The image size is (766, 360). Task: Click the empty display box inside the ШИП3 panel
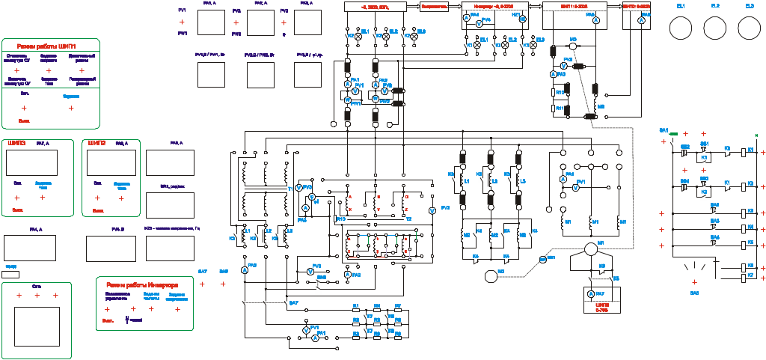click(x=31, y=162)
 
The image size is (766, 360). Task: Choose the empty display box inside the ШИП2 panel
click(x=111, y=162)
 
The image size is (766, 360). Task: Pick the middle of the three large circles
click(x=715, y=29)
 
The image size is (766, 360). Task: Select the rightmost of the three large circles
click(x=750, y=29)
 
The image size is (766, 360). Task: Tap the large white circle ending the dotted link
click(x=491, y=276)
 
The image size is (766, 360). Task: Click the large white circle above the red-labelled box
click(x=591, y=249)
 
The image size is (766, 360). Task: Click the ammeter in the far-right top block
click(x=641, y=22)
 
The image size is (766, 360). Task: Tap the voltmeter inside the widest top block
click(x=479, y=23)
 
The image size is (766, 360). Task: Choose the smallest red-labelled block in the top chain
click(x=433, y=7)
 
